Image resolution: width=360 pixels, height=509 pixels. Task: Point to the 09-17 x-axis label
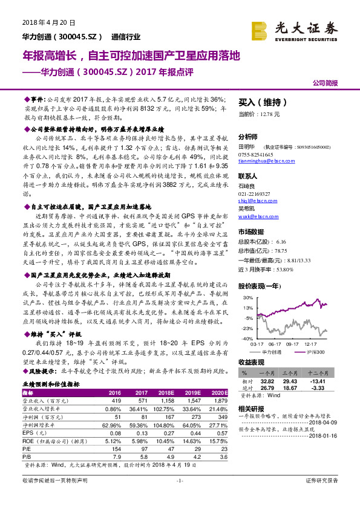click(x=293, y=344)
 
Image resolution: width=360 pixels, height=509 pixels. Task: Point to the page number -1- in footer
click(x=179, y=497)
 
